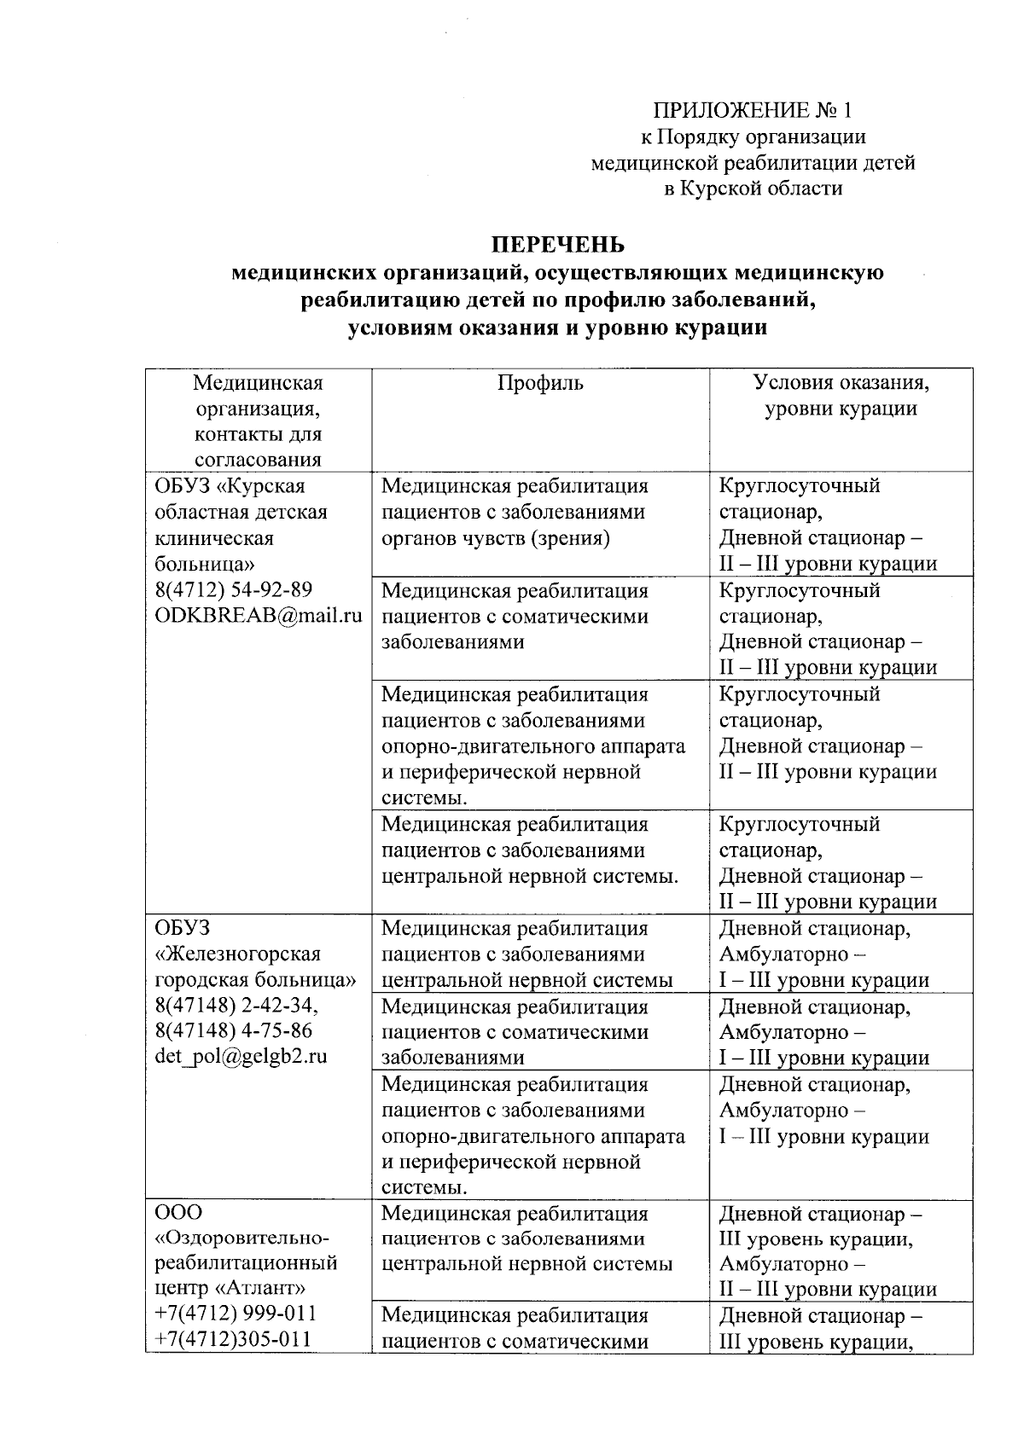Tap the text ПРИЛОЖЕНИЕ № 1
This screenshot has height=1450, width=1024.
pos(752,110)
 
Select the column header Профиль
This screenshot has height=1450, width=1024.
pos(540,383)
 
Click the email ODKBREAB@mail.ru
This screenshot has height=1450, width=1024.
pos(259,616)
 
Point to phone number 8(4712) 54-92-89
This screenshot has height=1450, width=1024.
pos(233,590)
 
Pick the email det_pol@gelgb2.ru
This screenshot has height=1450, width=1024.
pos(241,1056)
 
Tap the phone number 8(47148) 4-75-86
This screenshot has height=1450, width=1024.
pos(233,1030)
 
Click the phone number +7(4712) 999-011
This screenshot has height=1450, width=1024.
pos(236,1312)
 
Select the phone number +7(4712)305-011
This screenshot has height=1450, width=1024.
pos(232,1338)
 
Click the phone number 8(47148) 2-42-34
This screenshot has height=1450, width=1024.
pos(236,1006)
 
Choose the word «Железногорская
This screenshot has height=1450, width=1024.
pos(238,954)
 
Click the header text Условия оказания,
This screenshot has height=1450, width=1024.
pos(841,383)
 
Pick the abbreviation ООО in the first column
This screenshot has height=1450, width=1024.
pos(178,1212)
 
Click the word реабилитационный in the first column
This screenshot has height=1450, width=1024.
pos(246,1262)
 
